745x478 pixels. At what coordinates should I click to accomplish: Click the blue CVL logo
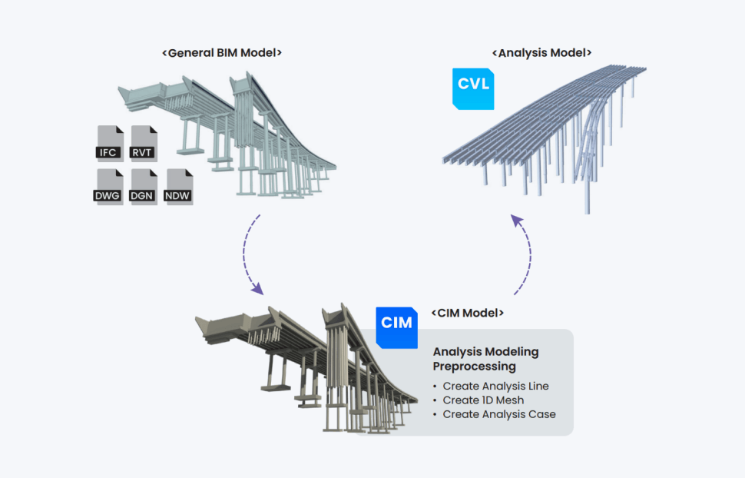(x=473, y=87)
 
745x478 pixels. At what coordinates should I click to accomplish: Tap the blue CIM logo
(x=396, y=326)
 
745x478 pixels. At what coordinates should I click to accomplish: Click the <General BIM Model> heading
(x=222, y=53)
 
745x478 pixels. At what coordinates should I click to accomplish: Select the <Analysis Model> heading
(x=541, y=53)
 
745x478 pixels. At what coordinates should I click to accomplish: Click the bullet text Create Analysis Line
(x=496, y=386)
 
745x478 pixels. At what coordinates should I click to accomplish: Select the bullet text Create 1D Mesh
(x=484, y=400)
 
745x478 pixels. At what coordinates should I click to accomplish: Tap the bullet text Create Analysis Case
(x=499, y=414)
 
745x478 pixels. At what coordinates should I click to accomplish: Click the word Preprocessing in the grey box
(x=474, y=366)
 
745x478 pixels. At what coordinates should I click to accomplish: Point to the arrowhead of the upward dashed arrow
(x=516, y=221)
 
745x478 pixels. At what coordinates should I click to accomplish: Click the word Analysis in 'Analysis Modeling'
(x=456, y=352)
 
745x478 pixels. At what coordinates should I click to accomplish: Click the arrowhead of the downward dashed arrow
(x=259, y=290)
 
